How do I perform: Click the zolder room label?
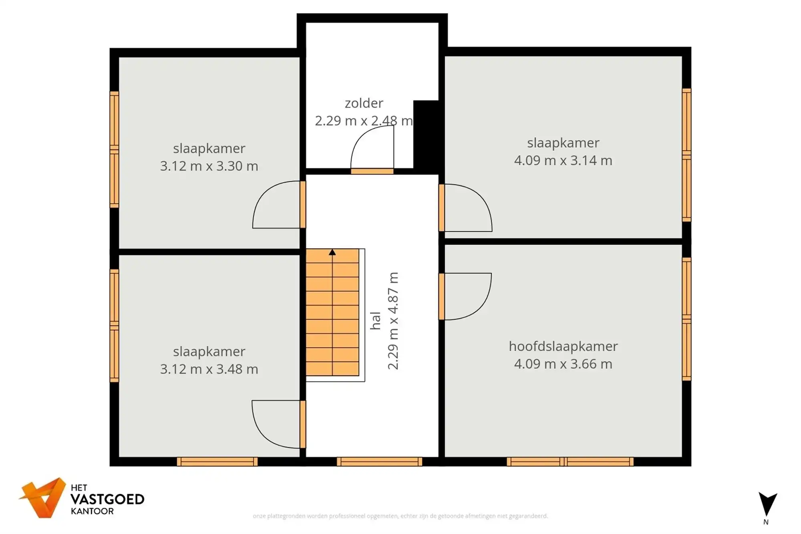click(x=364, y=103)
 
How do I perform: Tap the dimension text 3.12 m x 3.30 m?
click(x=209, y=166)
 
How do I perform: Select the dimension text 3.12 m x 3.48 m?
click(x=209, y=369)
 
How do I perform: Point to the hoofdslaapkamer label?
click(x=563, y=346)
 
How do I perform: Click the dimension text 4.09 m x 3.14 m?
click(x=563, y=160)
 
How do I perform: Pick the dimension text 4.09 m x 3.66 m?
click(x=563, y=364)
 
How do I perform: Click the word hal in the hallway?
click(x=375, y=320)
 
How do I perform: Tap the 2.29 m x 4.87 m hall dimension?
click(x=393, y=320)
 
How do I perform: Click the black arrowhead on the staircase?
click(x=332, y=252)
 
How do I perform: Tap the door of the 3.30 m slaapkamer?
click(x=276, y=204)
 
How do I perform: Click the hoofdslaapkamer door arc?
click(x=467, y=296)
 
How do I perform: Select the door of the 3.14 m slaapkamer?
click(x=467, y=208)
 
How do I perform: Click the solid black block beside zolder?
click(x=426, y=136)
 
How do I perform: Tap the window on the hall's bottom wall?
click(x=379, y=461)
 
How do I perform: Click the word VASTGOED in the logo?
click(x=107, y=499)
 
